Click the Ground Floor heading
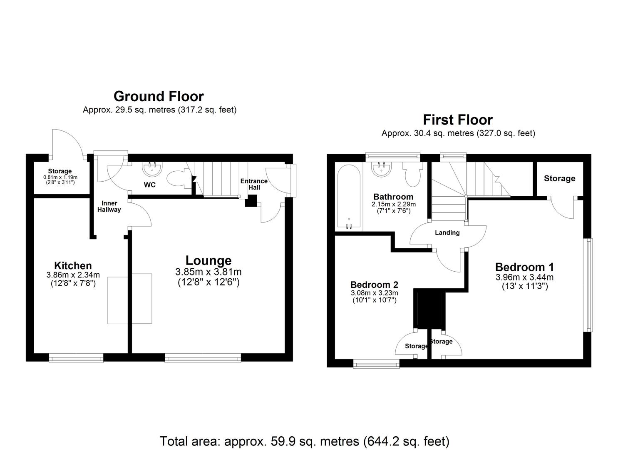click(x=159, y=96)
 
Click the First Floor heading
click(x=458, y=120)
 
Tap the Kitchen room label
click(x=73, y=265)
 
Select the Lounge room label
click(x=208, y=260)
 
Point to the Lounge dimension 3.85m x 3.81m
click(x=208, y=272)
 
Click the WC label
click(x=150, y=185)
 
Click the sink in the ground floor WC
click(x=152, y=169)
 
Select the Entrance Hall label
click(x=254, y=184)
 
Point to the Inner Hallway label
click(x=109, y=206)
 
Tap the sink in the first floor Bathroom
click(x=381, y=169)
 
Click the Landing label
click(x=447, y=232)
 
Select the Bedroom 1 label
click(x=524, y=267)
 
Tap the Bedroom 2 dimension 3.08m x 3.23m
click(x=374, y=293)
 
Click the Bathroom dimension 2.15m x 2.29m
click(x=393, y=204)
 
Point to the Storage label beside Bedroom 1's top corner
click(x=559, y=178)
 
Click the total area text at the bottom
click(x=304, y=441)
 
